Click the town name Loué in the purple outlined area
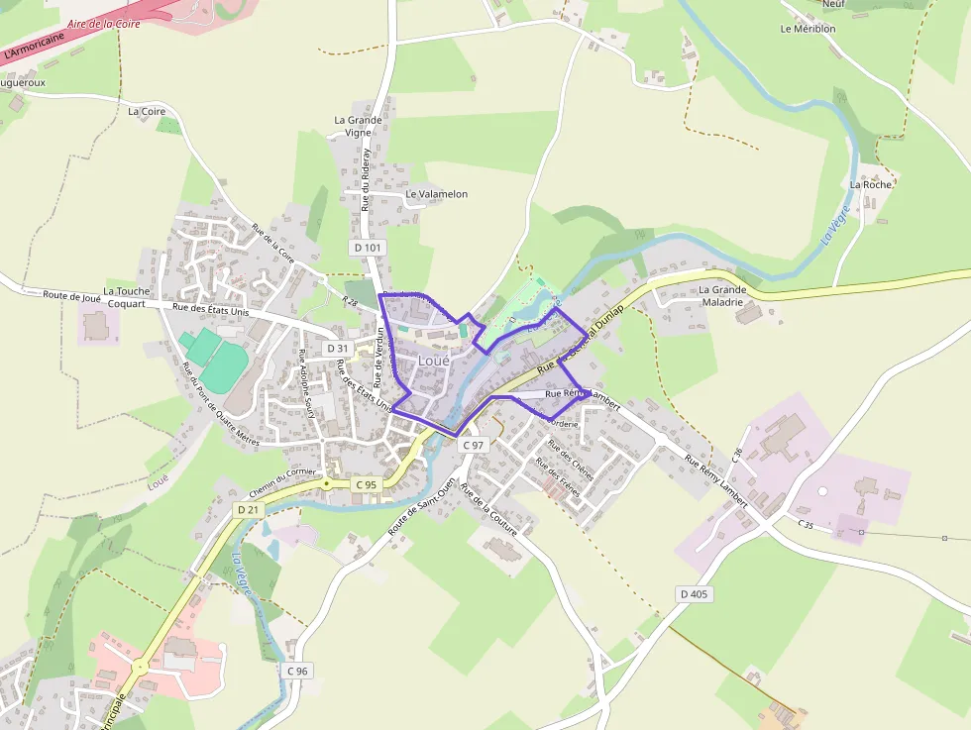(434, 362)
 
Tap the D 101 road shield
(366, 247)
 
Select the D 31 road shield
(338, 349)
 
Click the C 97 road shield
(475, 446)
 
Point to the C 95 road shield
(366, 484)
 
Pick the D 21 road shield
(247, 509)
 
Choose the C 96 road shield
(297, 671)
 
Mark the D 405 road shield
(696, 594)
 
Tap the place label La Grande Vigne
(358, 126)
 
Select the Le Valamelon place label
(436, 194)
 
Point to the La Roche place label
(871, 184)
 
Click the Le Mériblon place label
(808, 29)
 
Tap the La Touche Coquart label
(125, 297)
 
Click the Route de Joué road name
(73, 296)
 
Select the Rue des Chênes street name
(571, 460)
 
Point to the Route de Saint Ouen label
(420, 507)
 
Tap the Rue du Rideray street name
(366, 180)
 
